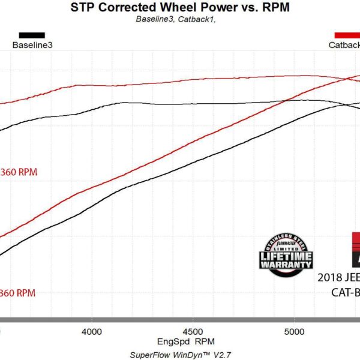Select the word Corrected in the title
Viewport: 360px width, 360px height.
[x=125, y=8]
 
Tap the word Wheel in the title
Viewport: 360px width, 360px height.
[x=175, y=8]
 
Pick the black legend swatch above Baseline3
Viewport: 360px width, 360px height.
[x=32, y=35]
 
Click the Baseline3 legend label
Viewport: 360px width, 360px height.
[x=32, y=44]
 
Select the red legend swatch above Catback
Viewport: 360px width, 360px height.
[x=347, y=35]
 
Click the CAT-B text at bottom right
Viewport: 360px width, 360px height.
[x=345, y=293]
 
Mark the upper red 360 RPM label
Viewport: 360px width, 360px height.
[x=19, y=172]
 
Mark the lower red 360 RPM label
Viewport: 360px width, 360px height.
[x=19, y=293]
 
